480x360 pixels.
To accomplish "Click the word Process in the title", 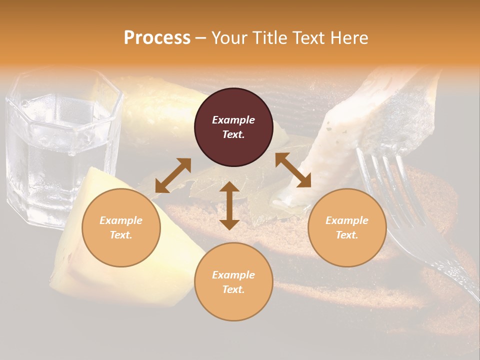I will pyautogui.click(x=157, y=38).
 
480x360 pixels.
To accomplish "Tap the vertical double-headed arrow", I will pyautogui.click(x=229, y=206).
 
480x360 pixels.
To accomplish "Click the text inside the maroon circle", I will pyautogui.click(x=233, y=127).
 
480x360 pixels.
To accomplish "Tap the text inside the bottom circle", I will pyautogui.click(x=233, y=282).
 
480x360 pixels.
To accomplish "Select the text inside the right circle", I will pyautogui.click(x=347, y=227).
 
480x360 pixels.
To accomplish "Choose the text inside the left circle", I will pyautogui.click(x=121, y=227).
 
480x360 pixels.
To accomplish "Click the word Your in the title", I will pyautogui.click(x=228, y=38).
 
